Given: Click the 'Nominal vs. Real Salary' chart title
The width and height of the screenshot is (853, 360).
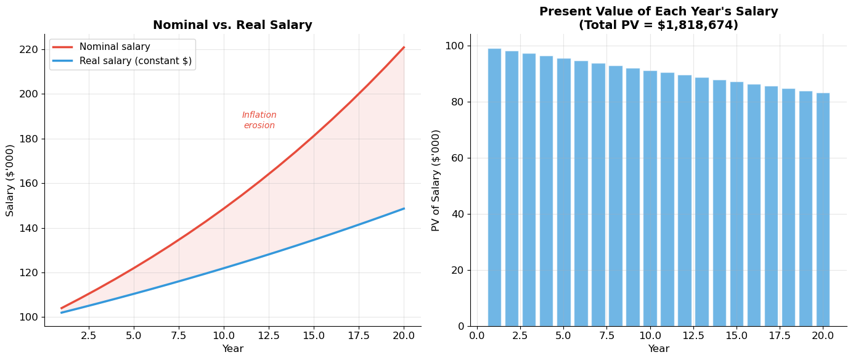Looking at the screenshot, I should pos(232,25).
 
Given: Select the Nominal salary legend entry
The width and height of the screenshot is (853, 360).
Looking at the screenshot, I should pos(115,47).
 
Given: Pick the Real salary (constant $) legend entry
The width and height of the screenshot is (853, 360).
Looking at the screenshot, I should pos(136,61).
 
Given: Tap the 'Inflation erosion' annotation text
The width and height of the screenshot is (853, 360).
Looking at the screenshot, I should pos(259,120).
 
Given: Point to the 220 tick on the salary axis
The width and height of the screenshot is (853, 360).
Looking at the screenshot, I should pos(28,49).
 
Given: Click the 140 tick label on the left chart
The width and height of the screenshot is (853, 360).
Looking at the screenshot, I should pos(28,228).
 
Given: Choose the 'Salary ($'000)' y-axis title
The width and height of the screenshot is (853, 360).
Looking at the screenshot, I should pos(10,180).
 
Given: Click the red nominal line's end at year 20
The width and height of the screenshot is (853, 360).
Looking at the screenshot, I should pos(404,47).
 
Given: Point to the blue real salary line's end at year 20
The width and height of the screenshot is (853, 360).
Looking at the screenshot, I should pos(404,208).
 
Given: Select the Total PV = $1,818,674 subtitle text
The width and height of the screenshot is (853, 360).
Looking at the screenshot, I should pos(658,25).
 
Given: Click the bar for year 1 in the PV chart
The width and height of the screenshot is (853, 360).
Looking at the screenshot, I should pos(494,187).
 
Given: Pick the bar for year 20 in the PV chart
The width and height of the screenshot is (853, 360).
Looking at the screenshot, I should pos(823,210).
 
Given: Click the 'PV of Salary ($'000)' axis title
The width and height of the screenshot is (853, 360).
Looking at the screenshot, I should pos(436,180).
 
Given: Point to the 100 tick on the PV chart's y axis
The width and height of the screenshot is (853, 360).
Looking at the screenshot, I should pos(455,46).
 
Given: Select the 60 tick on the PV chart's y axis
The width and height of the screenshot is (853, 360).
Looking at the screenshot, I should pos(458,158).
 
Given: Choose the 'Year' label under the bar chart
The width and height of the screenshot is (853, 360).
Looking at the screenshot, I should pos(658,349).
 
